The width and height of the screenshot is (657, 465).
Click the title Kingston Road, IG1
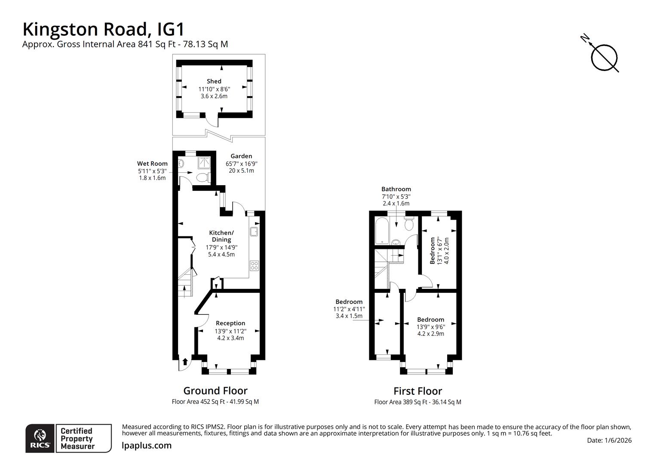pyautogui.click(x=104, y=29)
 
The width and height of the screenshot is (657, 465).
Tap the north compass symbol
pyautogui.click(x=604, y=57)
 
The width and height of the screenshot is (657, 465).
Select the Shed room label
pyautogui.click(x=214, y=81)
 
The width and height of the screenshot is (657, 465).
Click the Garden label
pyautogui.click(x=241, y=156)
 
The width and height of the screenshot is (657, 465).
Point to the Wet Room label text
pyautogui.click(x=152, y=164)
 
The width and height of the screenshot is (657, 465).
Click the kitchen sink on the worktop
pyautogui.click(x=254, y=232)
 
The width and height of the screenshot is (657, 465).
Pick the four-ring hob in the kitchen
pyautogui.click(x=254, y=266)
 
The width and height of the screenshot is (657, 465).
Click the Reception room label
pyautogui.click(x=230, y=323)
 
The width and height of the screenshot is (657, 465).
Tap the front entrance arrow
pyautogui.click(x=185, y=361)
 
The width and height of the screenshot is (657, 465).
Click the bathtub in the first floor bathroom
pyautogui.click(x=382, y=230)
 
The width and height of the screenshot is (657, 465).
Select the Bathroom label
pyautogui.click(x=396, y=189)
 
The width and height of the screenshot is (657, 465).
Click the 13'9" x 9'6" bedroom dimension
pyautogui.click(x=430, y=327)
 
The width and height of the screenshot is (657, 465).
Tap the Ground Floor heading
pyautogui.click(x=215, y=391)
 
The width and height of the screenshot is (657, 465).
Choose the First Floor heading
pyautogui.click(x=418, y=391)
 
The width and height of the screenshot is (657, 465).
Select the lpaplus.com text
pyautogui.click(x=147, y=446)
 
